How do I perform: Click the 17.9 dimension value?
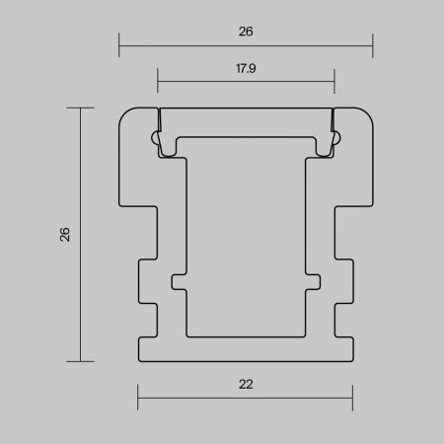246,68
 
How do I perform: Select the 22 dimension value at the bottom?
246,384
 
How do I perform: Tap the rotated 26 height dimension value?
65,235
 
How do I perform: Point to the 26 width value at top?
246,32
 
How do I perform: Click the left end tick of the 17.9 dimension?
158,81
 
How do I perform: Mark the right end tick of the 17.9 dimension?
334,81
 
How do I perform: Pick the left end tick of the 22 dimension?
138,398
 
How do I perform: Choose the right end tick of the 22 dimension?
352,398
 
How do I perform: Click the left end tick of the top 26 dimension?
119,45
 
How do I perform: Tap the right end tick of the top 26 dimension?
373,45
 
